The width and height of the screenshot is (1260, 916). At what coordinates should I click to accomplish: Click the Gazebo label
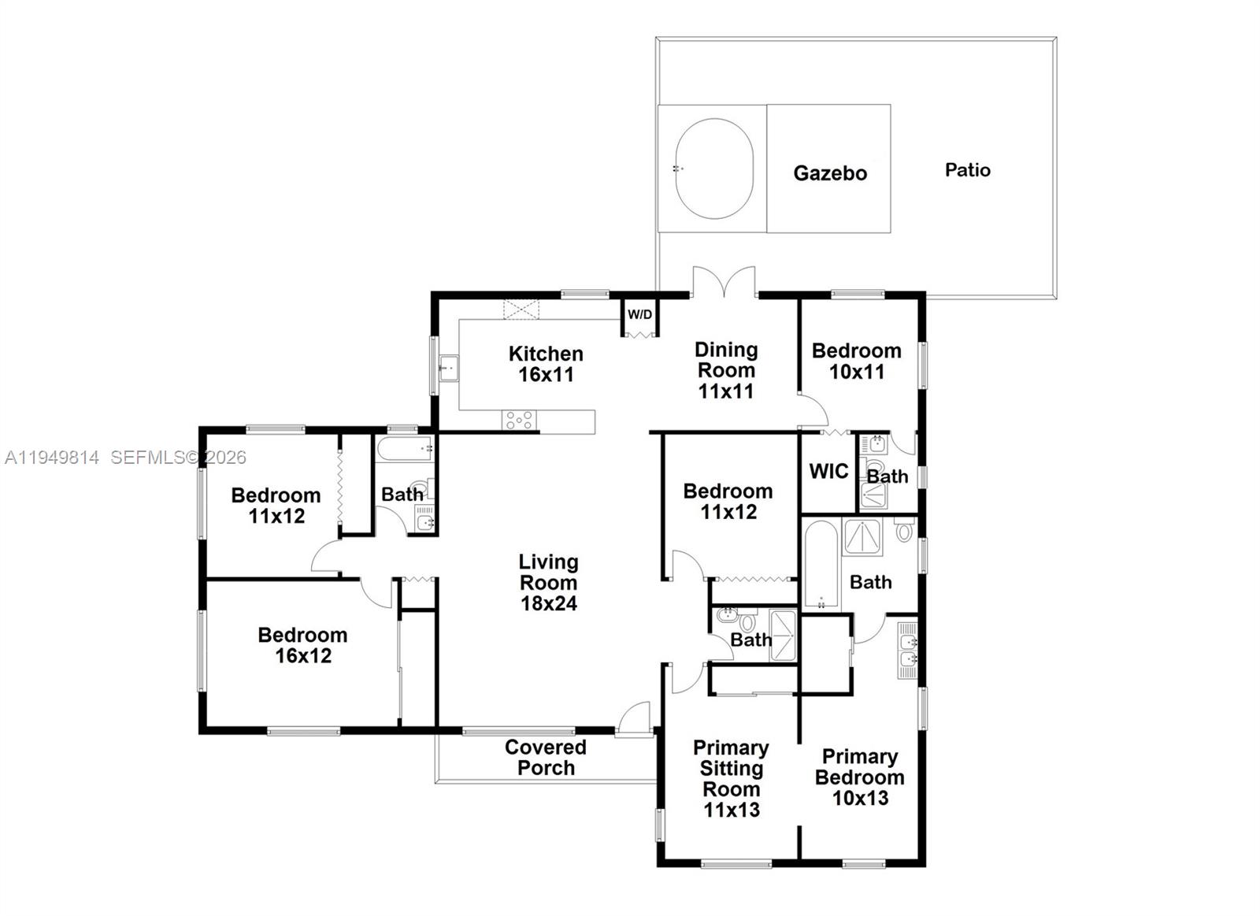pos(830,173)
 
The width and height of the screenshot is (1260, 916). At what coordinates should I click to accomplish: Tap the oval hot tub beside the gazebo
pos(714,169)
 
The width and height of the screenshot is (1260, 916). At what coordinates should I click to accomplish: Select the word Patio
pos(967,170)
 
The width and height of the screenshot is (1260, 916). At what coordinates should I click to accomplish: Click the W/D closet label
pos(639,315)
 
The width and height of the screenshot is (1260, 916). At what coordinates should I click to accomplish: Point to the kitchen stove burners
pos(519,421)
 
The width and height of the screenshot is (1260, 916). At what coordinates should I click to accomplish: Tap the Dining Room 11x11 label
pos(726,370)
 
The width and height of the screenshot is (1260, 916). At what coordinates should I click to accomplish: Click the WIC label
pos(828,472)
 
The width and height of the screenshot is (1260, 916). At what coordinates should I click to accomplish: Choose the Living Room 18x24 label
pos(548,583)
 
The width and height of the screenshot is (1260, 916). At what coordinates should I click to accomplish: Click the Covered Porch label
pos(545,757)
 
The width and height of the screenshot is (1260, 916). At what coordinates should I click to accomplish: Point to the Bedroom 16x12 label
pos(302,645)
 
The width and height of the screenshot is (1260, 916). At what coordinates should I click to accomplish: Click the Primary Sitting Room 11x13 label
pos(731,778)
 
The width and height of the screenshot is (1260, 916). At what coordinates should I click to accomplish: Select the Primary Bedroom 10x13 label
pos(859,777)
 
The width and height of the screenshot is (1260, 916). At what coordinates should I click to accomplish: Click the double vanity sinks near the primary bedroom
pos(907,651)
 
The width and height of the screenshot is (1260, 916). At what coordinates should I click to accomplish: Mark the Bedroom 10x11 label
pos(856,361)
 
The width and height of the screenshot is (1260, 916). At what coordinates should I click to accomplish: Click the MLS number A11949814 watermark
pos(52,458)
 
